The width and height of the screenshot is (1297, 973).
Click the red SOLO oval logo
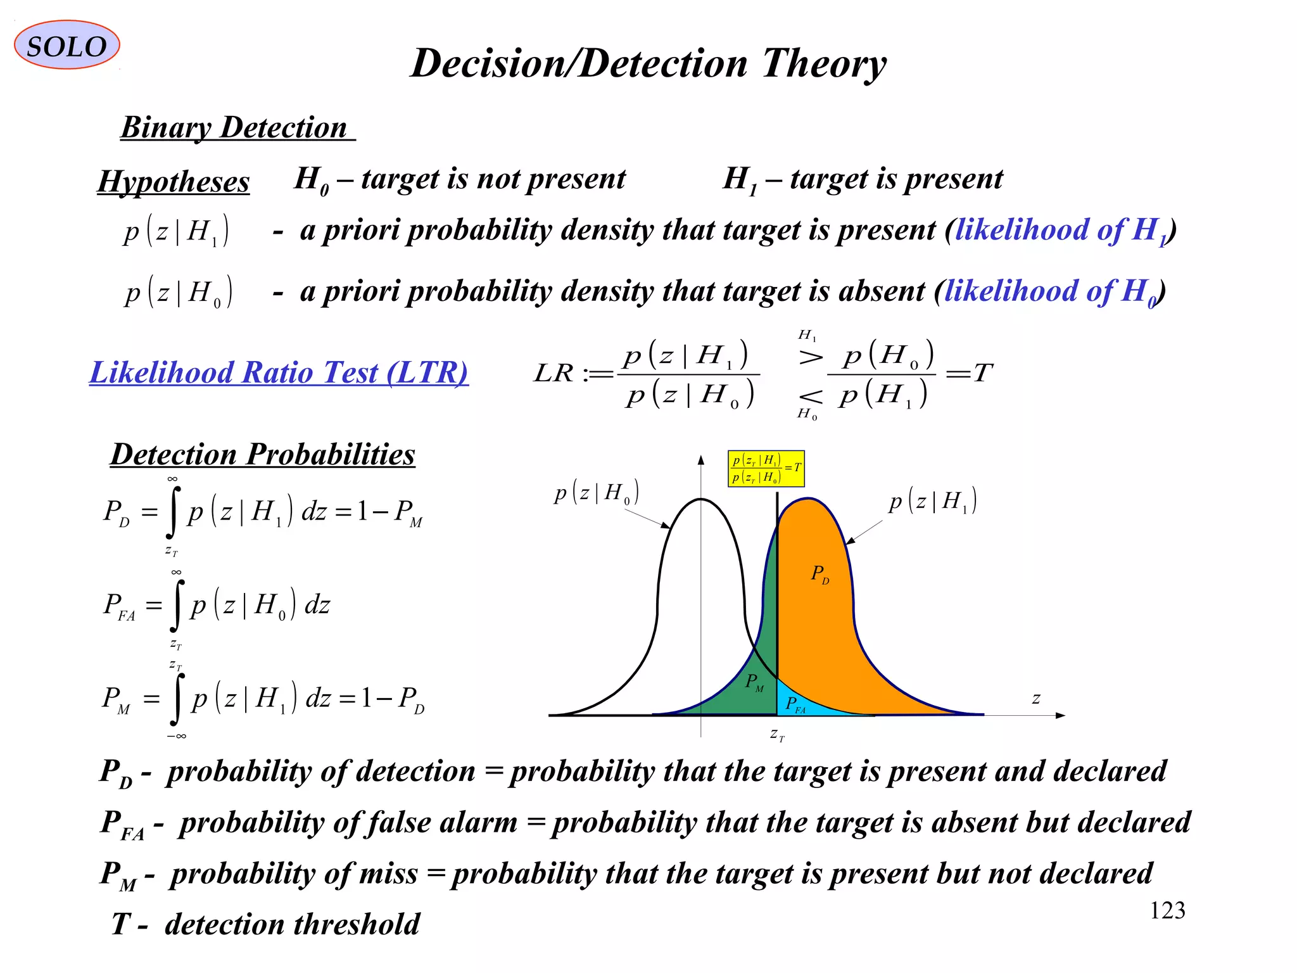point(66,45)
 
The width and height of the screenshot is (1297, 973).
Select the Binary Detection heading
point(234,128)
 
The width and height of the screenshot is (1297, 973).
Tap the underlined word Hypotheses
point(174,182)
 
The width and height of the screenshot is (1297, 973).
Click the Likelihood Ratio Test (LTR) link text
point(279,372)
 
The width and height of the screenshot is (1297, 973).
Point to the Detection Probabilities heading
point(263,454)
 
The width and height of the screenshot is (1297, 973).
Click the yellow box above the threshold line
point(766,469)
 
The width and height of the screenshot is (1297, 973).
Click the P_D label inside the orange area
point(819,575)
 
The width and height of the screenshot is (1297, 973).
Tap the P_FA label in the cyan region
point(795,704)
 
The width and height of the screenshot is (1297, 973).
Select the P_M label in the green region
point(754,683)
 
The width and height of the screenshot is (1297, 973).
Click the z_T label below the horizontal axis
point(777,735)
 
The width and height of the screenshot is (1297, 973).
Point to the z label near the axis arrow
point(1036,699)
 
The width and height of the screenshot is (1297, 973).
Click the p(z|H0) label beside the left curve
point(596,493)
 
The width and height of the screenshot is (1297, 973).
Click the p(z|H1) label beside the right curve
point(932,502)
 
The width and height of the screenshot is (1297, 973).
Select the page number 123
point(1167,911)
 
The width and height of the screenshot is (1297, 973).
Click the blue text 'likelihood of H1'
point(1061,230)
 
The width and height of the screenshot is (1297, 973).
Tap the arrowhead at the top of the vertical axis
point(700,459)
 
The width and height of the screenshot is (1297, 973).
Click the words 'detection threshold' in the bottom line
point(293,924)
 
